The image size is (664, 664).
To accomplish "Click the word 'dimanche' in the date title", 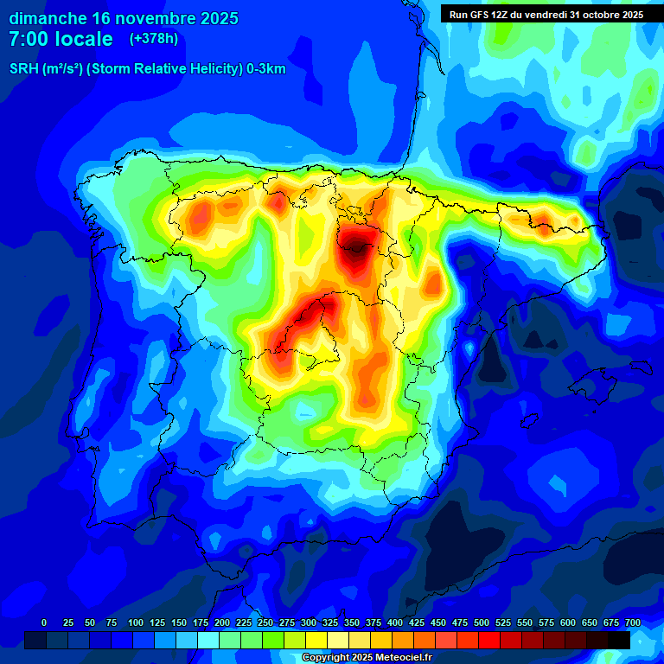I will pyautogui.click(x=48, y=18).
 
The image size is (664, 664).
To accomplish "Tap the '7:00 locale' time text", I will pyautogui.click(x=61, y=39).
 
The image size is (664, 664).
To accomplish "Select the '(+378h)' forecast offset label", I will pyautogui.click(x=153, y=38).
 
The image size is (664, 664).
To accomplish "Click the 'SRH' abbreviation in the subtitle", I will pyautogui.click(x=24, y=69).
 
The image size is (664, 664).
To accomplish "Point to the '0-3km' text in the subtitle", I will pyautogui.click(x=265, y=69).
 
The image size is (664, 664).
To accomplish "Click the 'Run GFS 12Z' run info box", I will pyautogui.click(x=546, y=14).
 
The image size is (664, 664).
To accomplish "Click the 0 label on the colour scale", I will pyautogui.click(x=44, y=622).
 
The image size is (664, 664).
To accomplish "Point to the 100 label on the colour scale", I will pyautogui.click(x=136, y=622).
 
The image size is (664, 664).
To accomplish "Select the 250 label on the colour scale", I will pyautogui.click(x=265, y=622).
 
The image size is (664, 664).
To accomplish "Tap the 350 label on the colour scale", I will pyautogui.click(x=352, y=622).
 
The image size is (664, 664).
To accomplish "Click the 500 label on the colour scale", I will pyautogui.click(x=482, y=622).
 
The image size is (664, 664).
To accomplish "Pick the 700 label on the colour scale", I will pyautogui.click(x=633, y=622).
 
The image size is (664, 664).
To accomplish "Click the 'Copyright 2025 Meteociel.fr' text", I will pyautogui.click(x=367, y=657).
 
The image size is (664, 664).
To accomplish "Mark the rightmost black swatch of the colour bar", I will pyautogui.click(x=619, y=640).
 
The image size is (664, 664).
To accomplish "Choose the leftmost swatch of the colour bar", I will pyautogui.click(x=35, y=640).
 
